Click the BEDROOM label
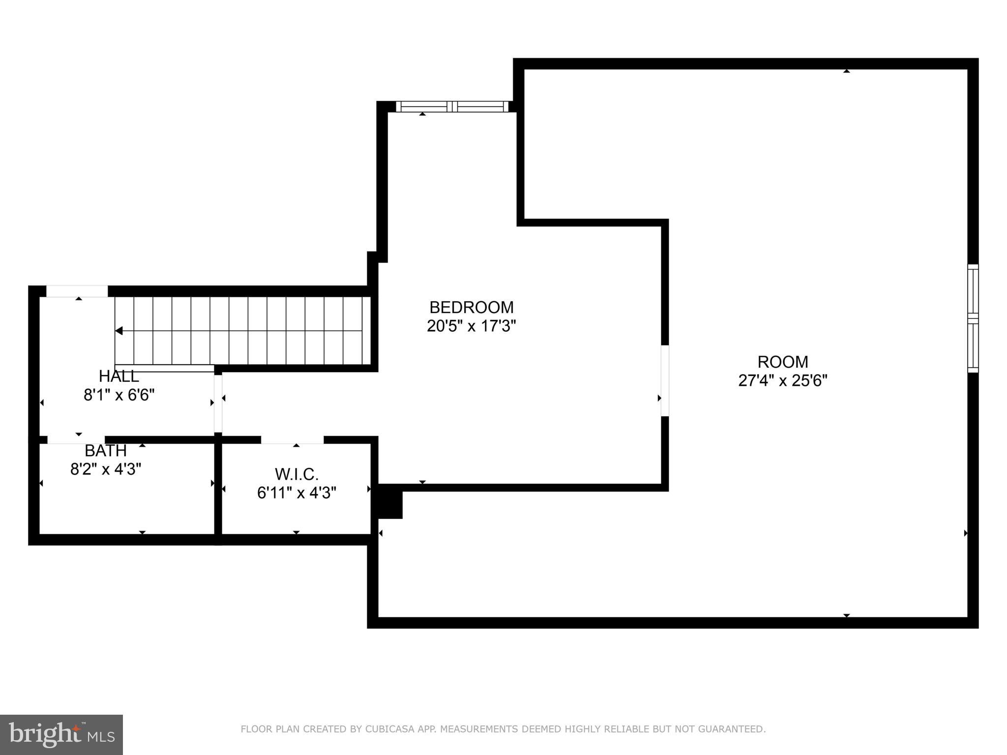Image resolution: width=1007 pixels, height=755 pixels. (471, 307)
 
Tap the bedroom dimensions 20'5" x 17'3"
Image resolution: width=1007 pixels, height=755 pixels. (471, 326)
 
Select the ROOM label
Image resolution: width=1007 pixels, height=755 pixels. (782, 362)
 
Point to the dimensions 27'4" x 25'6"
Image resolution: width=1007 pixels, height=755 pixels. (782, 380)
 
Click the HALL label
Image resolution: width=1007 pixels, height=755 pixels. (118, 377)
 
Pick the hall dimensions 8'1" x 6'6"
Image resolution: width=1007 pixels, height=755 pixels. (118, 395)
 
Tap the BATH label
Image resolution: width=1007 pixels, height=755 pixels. (105, 450)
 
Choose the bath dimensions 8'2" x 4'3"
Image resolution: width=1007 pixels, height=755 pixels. (105, 469)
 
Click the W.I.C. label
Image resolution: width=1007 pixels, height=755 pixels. (296, 474)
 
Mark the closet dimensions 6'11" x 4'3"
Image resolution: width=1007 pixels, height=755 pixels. (296, 493)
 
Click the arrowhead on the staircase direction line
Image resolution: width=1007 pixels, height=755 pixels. (118, 331)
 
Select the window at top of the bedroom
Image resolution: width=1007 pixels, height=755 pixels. (452, 107)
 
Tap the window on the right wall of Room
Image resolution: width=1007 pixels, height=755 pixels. (973, 319)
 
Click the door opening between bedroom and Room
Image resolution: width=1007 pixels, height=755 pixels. (665, 380)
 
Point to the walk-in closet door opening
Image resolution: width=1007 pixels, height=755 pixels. (292, 439)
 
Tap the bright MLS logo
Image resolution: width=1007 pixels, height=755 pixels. (61, 734)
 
